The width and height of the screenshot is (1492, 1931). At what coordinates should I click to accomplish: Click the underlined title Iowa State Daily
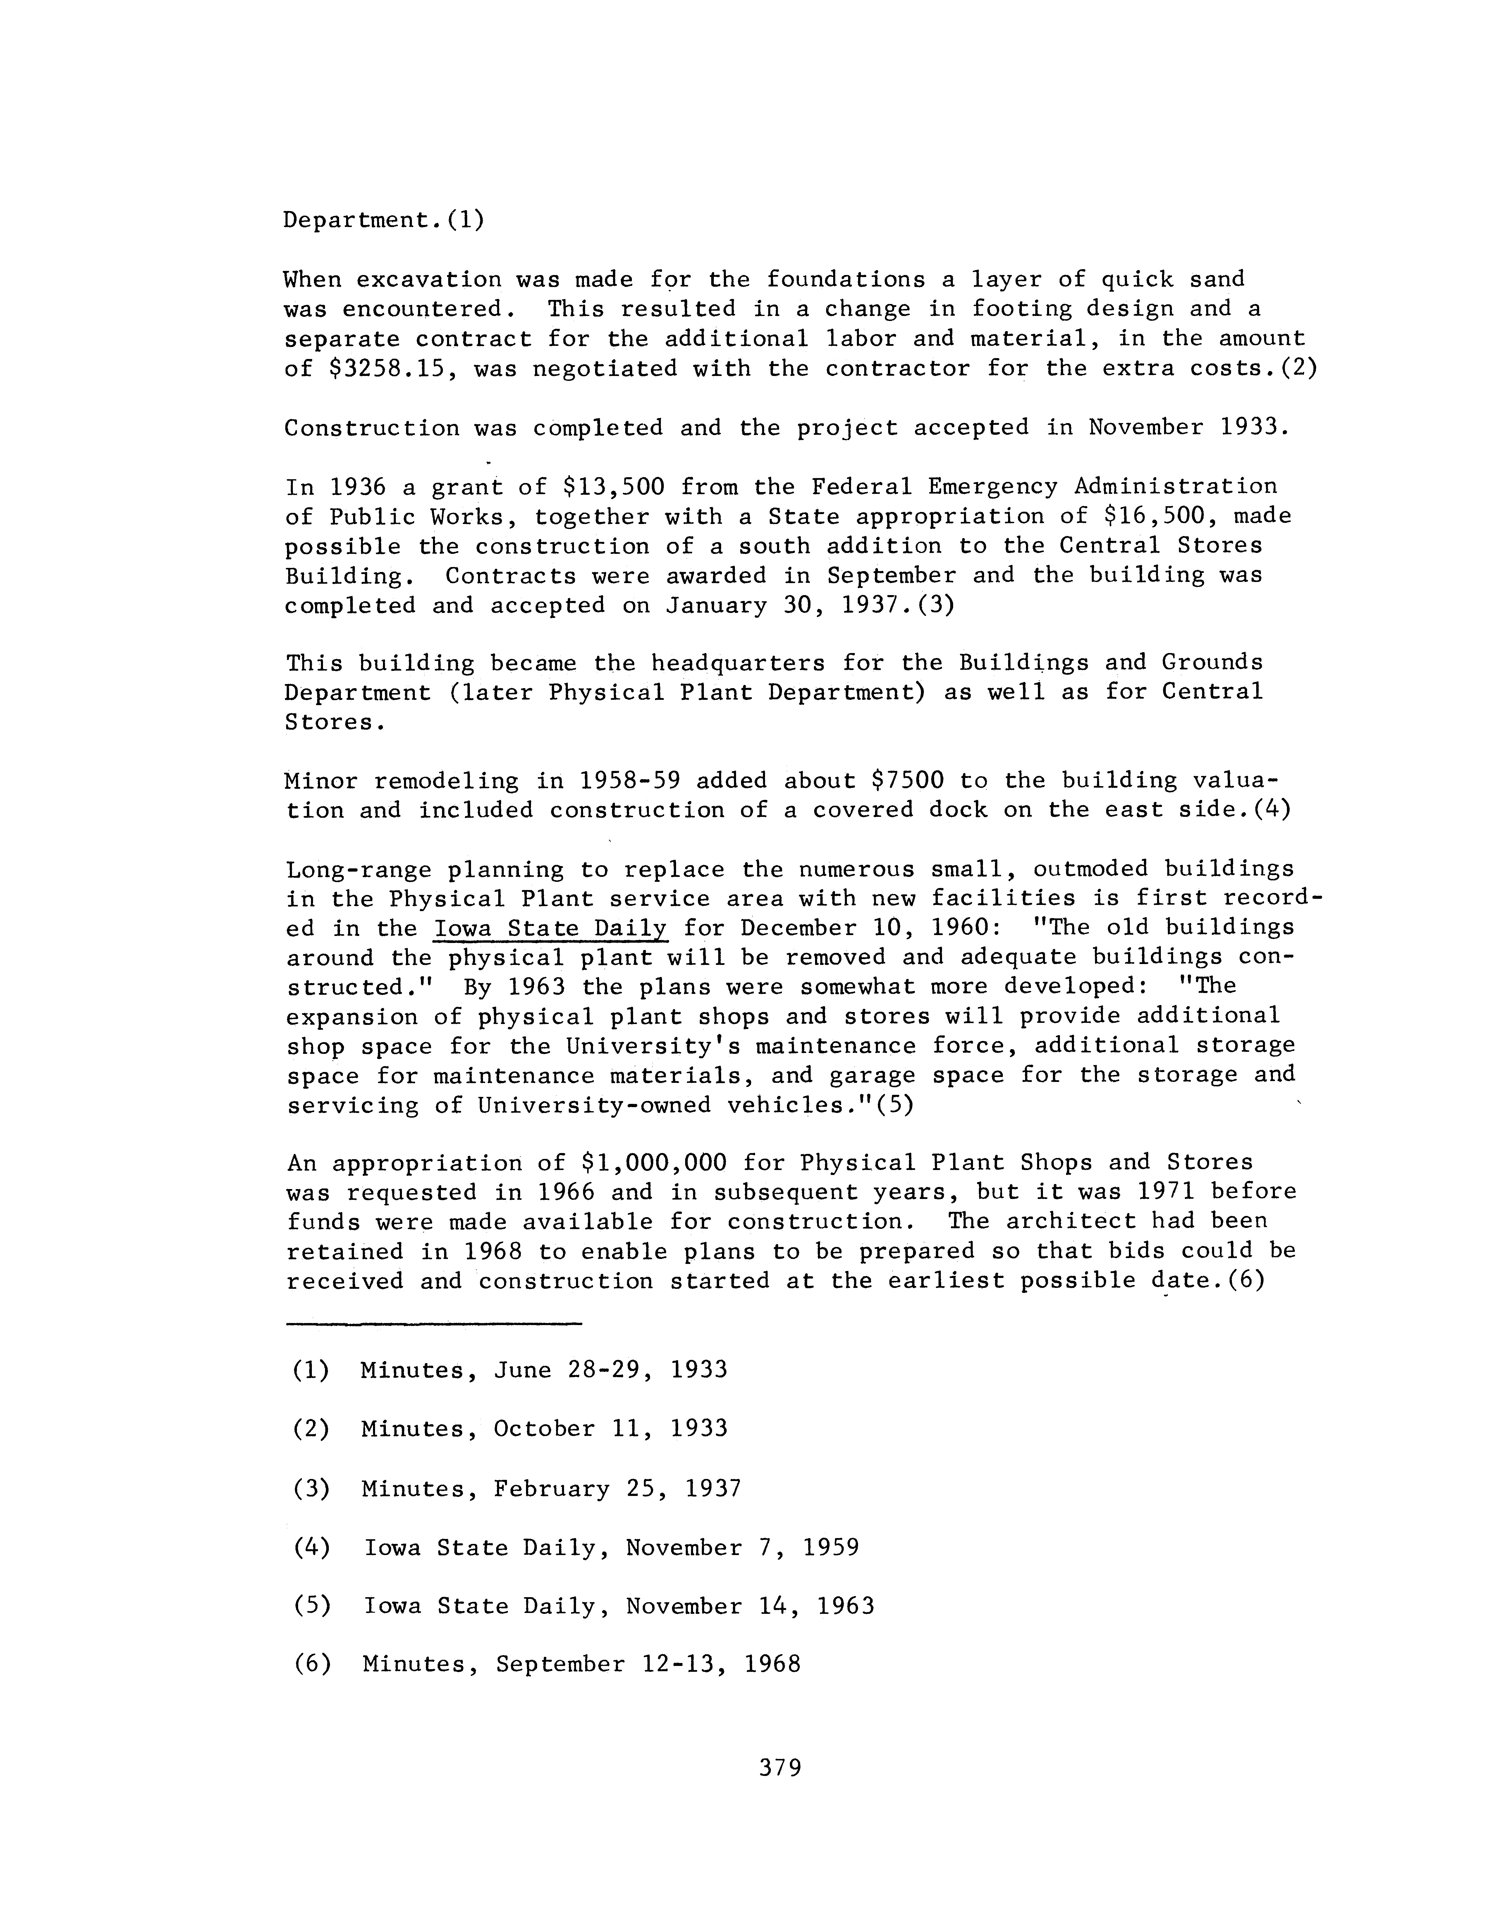tap(551, 928)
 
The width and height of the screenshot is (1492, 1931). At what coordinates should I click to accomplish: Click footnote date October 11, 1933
tap(610, 1430)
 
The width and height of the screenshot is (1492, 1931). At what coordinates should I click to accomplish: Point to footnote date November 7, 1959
tap(742, 1548)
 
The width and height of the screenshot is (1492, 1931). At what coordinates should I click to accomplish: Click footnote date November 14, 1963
tap(750, 1607)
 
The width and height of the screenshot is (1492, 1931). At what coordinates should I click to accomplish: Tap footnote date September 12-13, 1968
tap(648, 1665)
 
